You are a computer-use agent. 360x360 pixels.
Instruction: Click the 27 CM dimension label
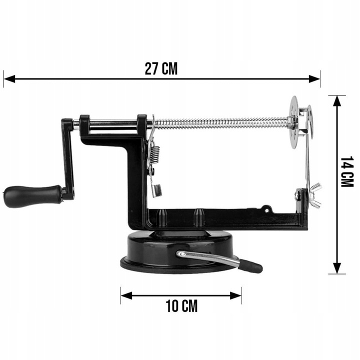[x=161, y=68]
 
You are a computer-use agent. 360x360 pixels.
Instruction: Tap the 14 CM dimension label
[x=347, y=172]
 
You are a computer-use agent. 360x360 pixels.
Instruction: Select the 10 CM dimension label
[x=181, y=306]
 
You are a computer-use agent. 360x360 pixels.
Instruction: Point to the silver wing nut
[x=315, y=195]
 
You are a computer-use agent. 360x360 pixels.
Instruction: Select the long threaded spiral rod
[x=221, y=123]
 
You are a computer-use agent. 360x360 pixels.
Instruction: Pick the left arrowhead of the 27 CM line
[x=9, y=79]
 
